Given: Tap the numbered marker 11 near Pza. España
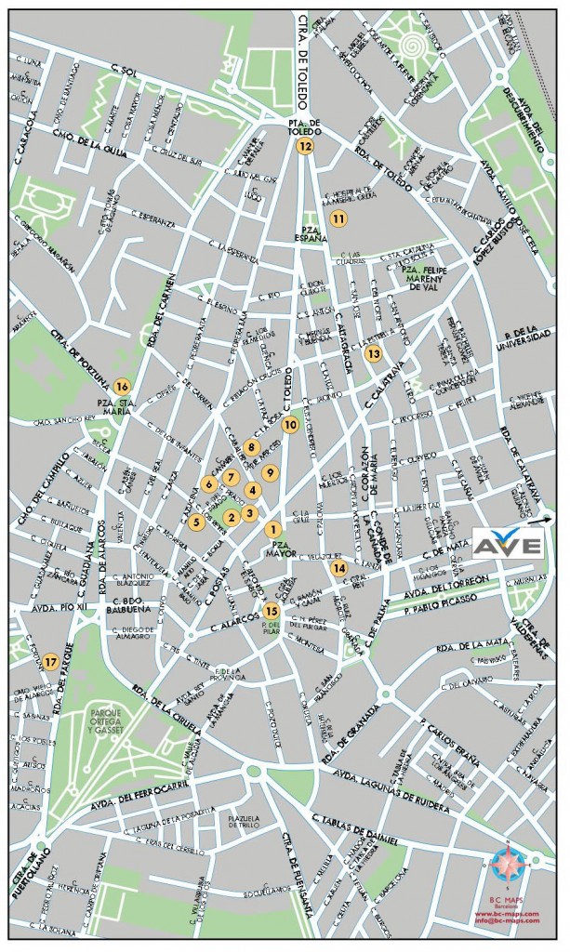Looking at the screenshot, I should point(338,218).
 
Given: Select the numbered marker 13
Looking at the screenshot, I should point(374,353).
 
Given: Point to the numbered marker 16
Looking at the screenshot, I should point(122,386).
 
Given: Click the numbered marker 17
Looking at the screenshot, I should point(50,662).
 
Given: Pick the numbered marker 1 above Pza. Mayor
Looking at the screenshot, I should point(273,529).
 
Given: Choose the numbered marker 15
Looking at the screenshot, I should point(272,611).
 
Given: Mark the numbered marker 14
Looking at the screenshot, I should point(338,567).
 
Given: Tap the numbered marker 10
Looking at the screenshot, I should point(290,425).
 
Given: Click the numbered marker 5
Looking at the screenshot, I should point(196,522).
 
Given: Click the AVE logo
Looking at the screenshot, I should point(508,544).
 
